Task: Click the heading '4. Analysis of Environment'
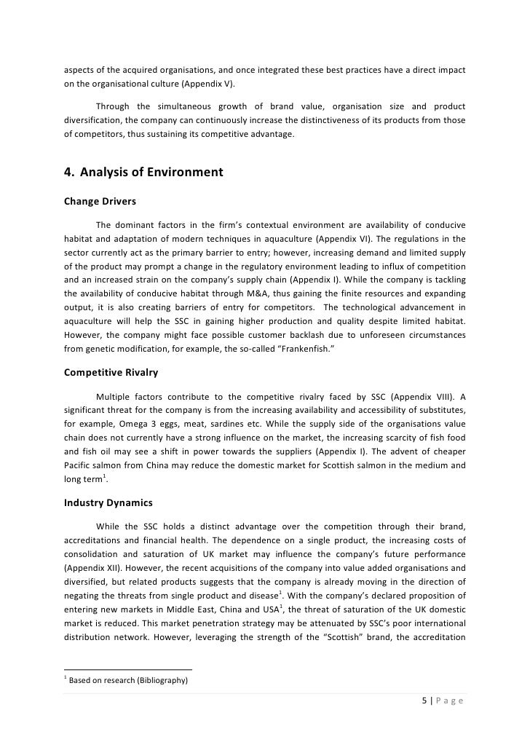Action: tap(143, 173)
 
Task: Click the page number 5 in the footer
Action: tap(424, 701)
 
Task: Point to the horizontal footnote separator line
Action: tap(128, 669)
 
